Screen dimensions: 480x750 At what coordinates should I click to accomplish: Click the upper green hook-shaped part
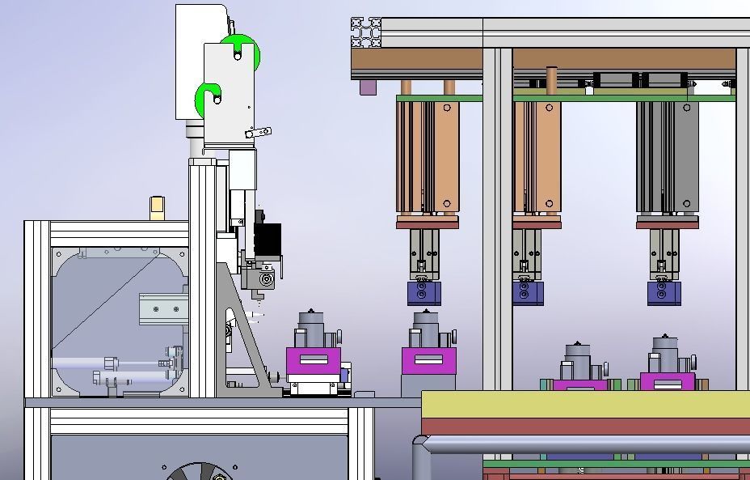246,50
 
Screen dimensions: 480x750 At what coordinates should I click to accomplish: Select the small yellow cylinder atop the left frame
157,206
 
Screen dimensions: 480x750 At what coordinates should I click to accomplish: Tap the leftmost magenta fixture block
313,361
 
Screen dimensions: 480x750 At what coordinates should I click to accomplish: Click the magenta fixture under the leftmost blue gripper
428,361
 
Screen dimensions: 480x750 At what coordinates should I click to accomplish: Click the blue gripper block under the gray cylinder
664,293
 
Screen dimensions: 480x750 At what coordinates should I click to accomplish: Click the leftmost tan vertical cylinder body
428,154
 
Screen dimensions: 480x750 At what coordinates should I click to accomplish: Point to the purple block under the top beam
369,87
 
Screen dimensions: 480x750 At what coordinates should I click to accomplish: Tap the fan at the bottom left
198,472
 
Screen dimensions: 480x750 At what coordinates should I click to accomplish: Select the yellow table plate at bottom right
582,404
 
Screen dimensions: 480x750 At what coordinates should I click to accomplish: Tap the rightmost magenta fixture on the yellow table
668,383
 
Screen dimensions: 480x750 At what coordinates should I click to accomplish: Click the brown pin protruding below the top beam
552,79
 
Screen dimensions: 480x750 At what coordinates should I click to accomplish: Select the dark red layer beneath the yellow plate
582,427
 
